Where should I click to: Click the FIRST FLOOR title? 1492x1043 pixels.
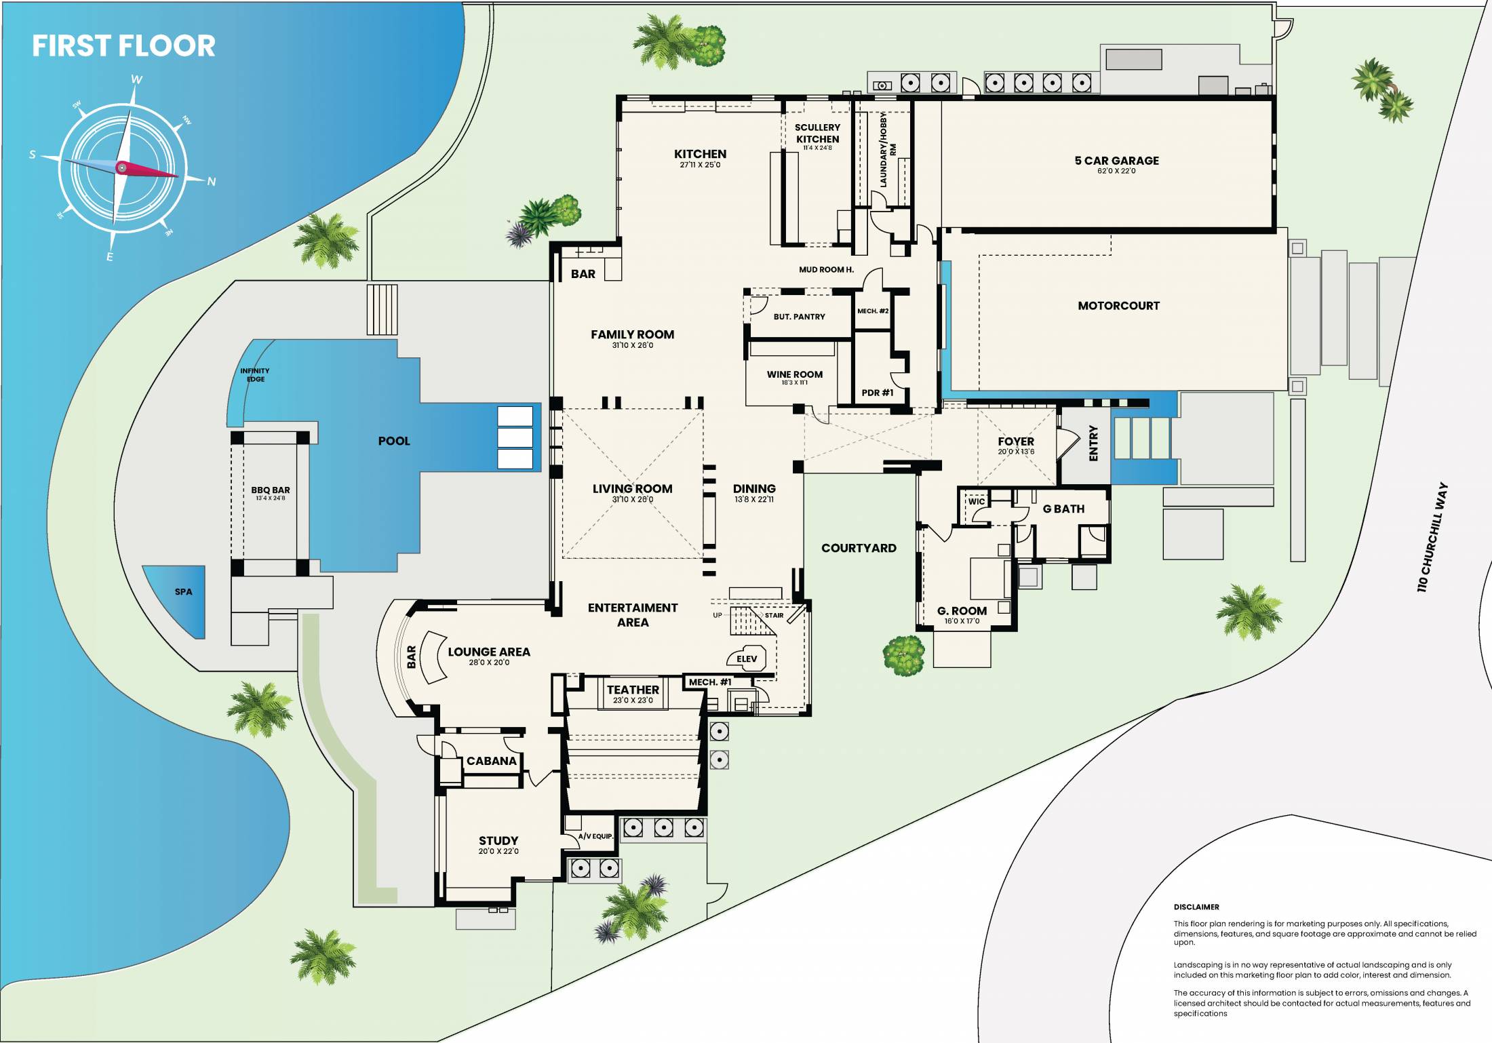[123, 46]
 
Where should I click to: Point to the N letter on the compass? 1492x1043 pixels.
[212, 181]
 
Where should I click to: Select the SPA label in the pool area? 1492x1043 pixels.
[183, 592]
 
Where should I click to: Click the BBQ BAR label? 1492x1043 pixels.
[271, 490]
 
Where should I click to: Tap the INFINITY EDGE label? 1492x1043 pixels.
[255, 375]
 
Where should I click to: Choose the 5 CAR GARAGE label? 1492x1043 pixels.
[1117, 161]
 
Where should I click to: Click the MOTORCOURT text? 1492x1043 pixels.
[1119, 306]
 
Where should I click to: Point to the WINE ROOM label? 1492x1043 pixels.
[795, 374]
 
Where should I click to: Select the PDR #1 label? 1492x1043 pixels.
[878, 393]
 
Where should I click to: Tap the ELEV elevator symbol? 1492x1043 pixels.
[747, 658]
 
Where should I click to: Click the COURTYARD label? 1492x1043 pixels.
[859, 548]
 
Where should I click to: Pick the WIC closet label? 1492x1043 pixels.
[977, 502]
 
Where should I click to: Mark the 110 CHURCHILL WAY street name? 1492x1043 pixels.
[1432, 537]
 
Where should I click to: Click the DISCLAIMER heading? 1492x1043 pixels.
[1196, 907]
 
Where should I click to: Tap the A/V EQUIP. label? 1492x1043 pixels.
[595, 836]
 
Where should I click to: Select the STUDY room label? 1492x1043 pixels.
[498, 840]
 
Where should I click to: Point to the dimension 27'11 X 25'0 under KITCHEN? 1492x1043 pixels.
[700, 165]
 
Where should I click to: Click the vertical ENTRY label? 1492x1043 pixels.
[1093, 444]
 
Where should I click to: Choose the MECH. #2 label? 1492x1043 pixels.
[873, 311]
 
